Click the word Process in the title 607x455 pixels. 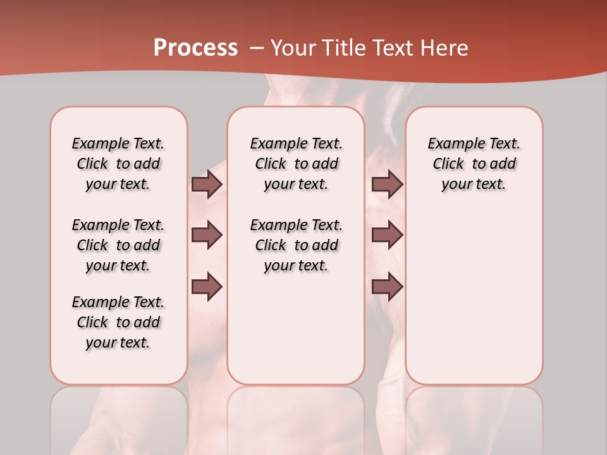[x=195, y=48]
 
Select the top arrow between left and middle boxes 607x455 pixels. [x=207, y=184]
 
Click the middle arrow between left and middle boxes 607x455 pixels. [x=207, y=235]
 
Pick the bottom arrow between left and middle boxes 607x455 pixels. [x=207, y=286]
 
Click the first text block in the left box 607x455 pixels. [x=118, y=164]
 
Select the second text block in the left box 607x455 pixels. [x=118, y=245]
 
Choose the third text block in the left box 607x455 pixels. [x=118, y=322]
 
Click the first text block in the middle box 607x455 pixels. [x=297, y=164]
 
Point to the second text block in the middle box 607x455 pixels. [x=297, y=245]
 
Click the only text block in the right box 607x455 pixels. [x=474, y=164]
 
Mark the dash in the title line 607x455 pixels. [x=257, y=48]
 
